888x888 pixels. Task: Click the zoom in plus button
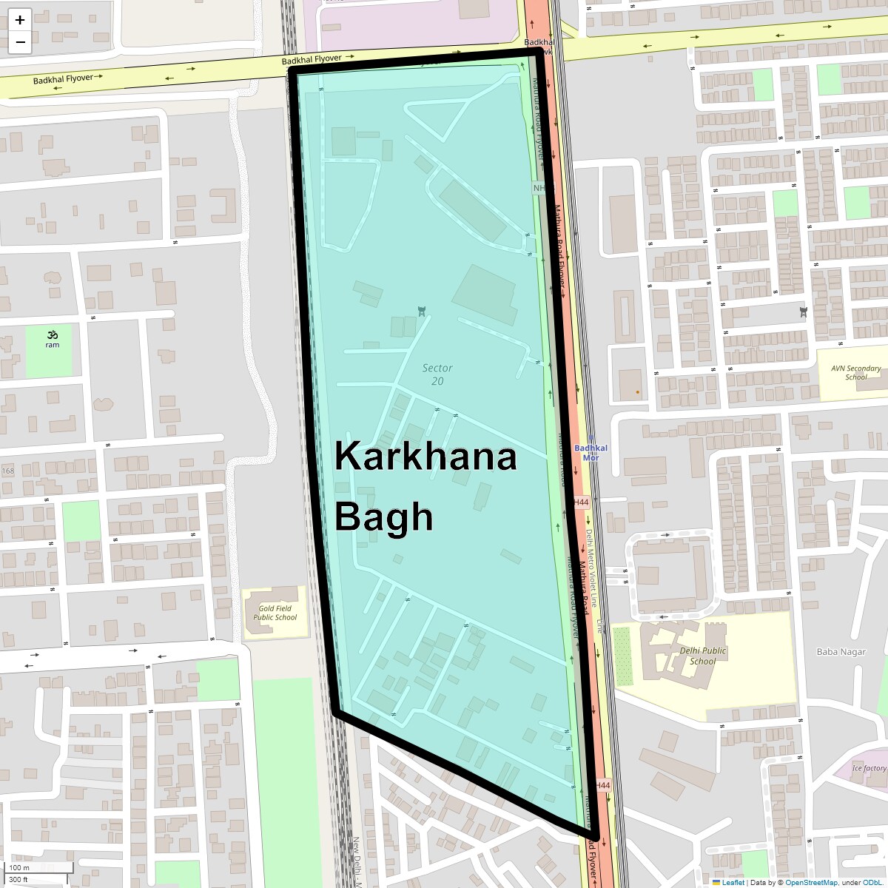(20, 20)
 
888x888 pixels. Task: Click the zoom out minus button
(20, 42)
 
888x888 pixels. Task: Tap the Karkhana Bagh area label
(425, 485)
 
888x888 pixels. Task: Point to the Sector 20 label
(437, 374)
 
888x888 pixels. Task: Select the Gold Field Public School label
(275, 613)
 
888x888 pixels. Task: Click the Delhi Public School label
(702, 656)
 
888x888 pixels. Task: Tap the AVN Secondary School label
(855, 372)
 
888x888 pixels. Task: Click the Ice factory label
(869, 768)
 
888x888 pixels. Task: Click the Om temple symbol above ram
(53, 334)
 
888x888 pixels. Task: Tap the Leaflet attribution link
(733, 882)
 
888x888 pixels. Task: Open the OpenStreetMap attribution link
(811, 882)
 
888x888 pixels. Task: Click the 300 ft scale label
(18, 879)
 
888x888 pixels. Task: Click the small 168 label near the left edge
(8, 471)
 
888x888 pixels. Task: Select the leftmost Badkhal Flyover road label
(64, 78)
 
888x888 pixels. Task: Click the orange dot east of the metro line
(637, 391)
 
